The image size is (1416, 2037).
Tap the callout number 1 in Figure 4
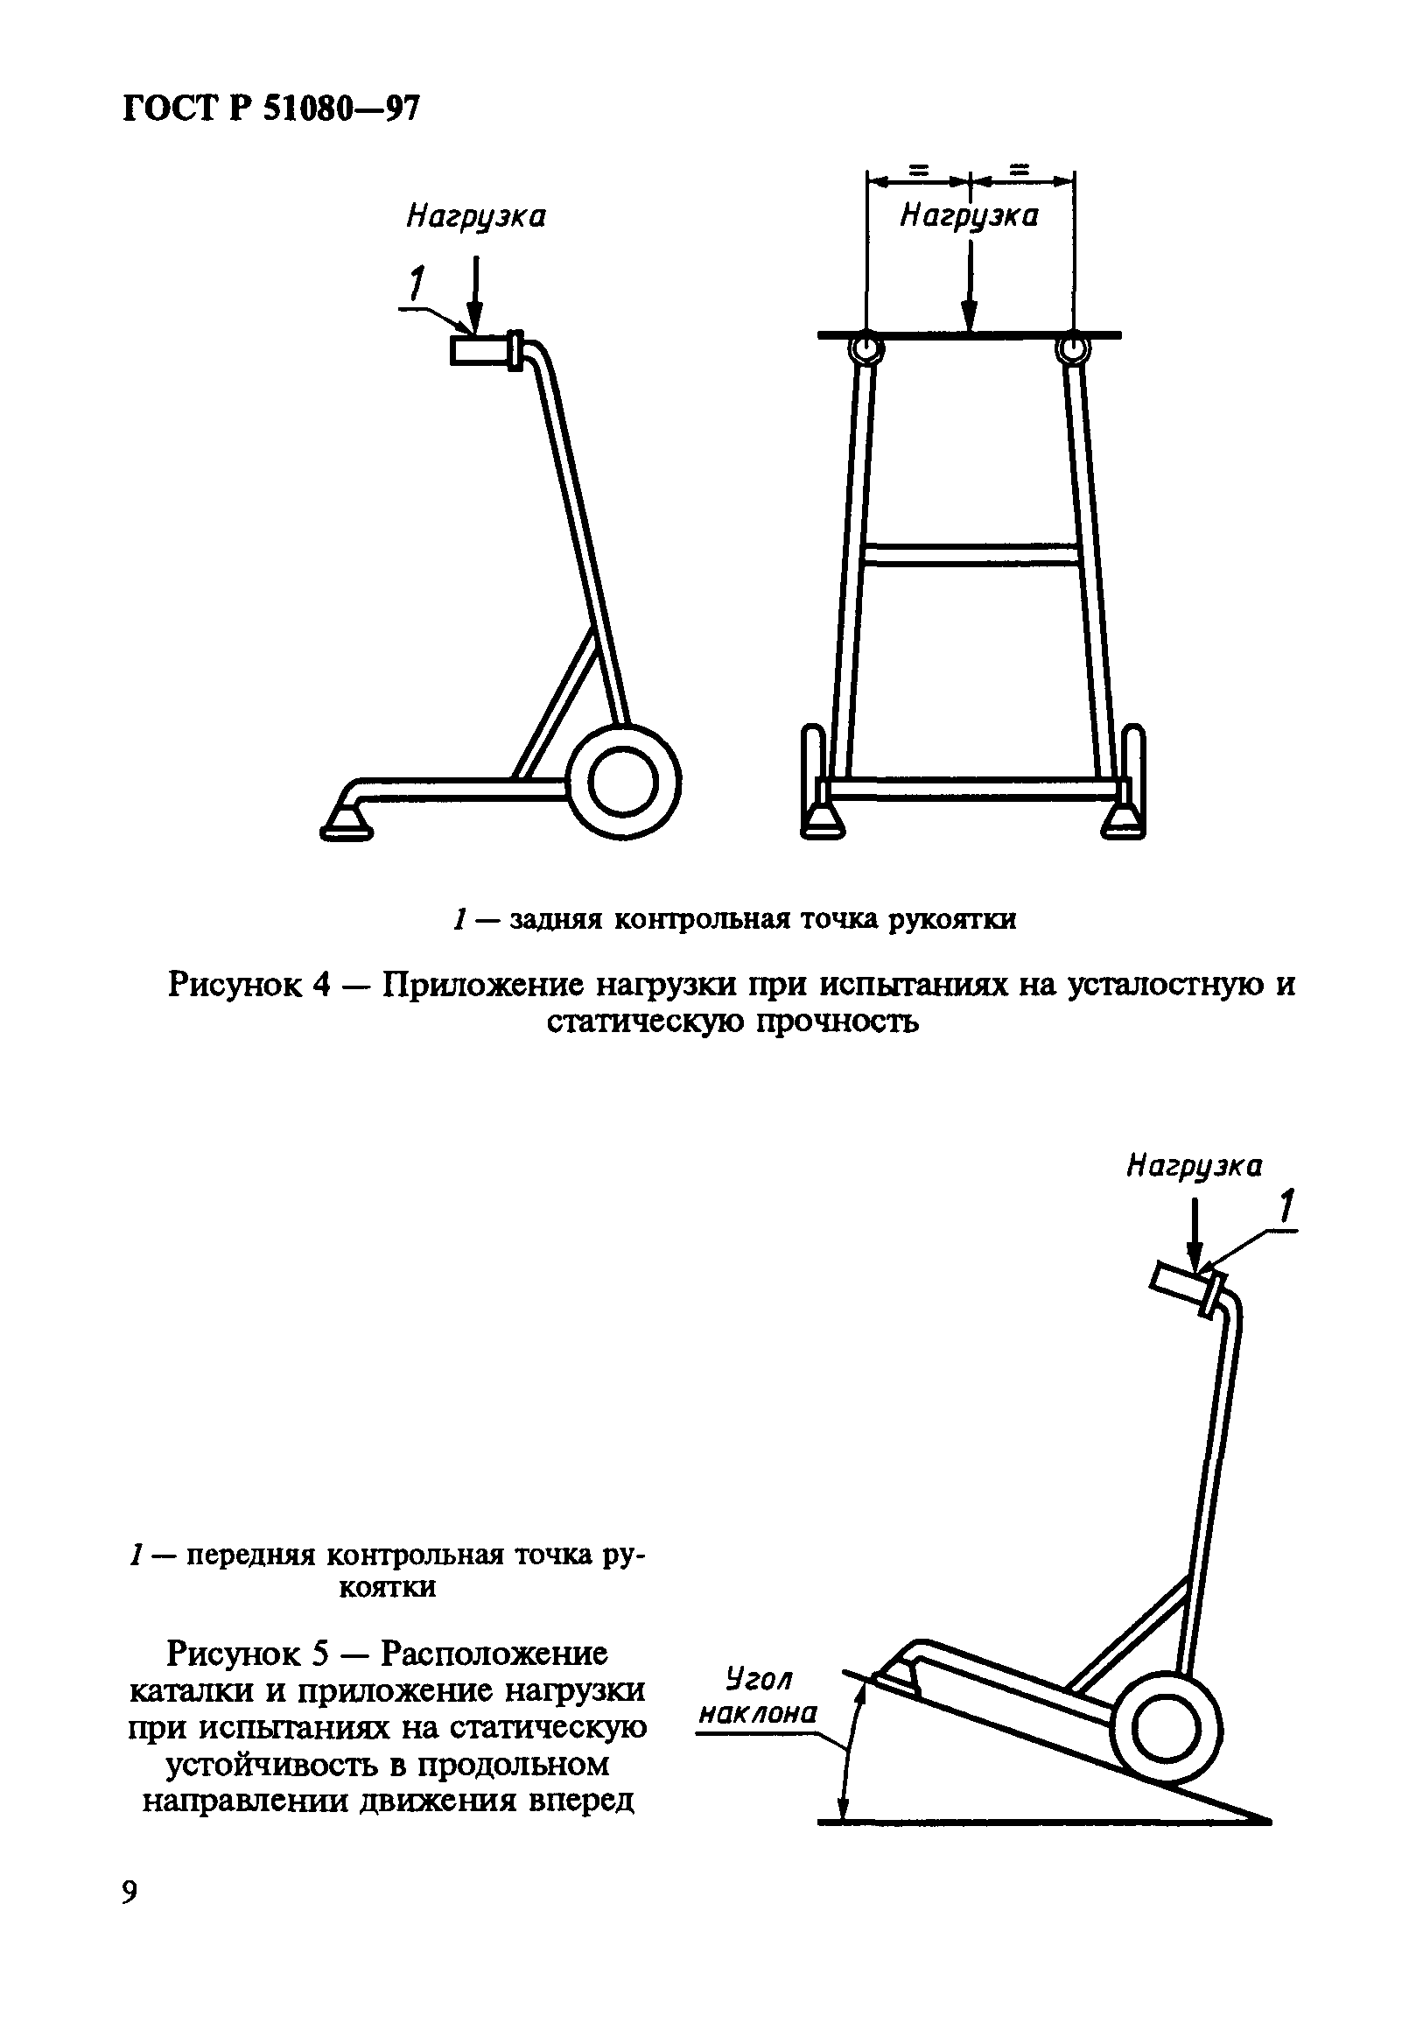[x=414, y=285]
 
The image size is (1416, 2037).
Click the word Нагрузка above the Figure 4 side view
[x=475, y=217]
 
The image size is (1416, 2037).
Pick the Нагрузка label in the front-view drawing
[x=969, y=215]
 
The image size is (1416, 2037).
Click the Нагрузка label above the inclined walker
[x=1194, y=1165]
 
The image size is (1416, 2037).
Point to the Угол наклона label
[x=758, y=1696]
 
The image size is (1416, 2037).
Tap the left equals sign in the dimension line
[x=918, y=170]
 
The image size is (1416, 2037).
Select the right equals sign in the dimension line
[x=1022, y=170]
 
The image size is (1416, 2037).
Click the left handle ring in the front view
[x=865, y=349]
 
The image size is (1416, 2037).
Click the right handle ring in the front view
[x=1072, y=349]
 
